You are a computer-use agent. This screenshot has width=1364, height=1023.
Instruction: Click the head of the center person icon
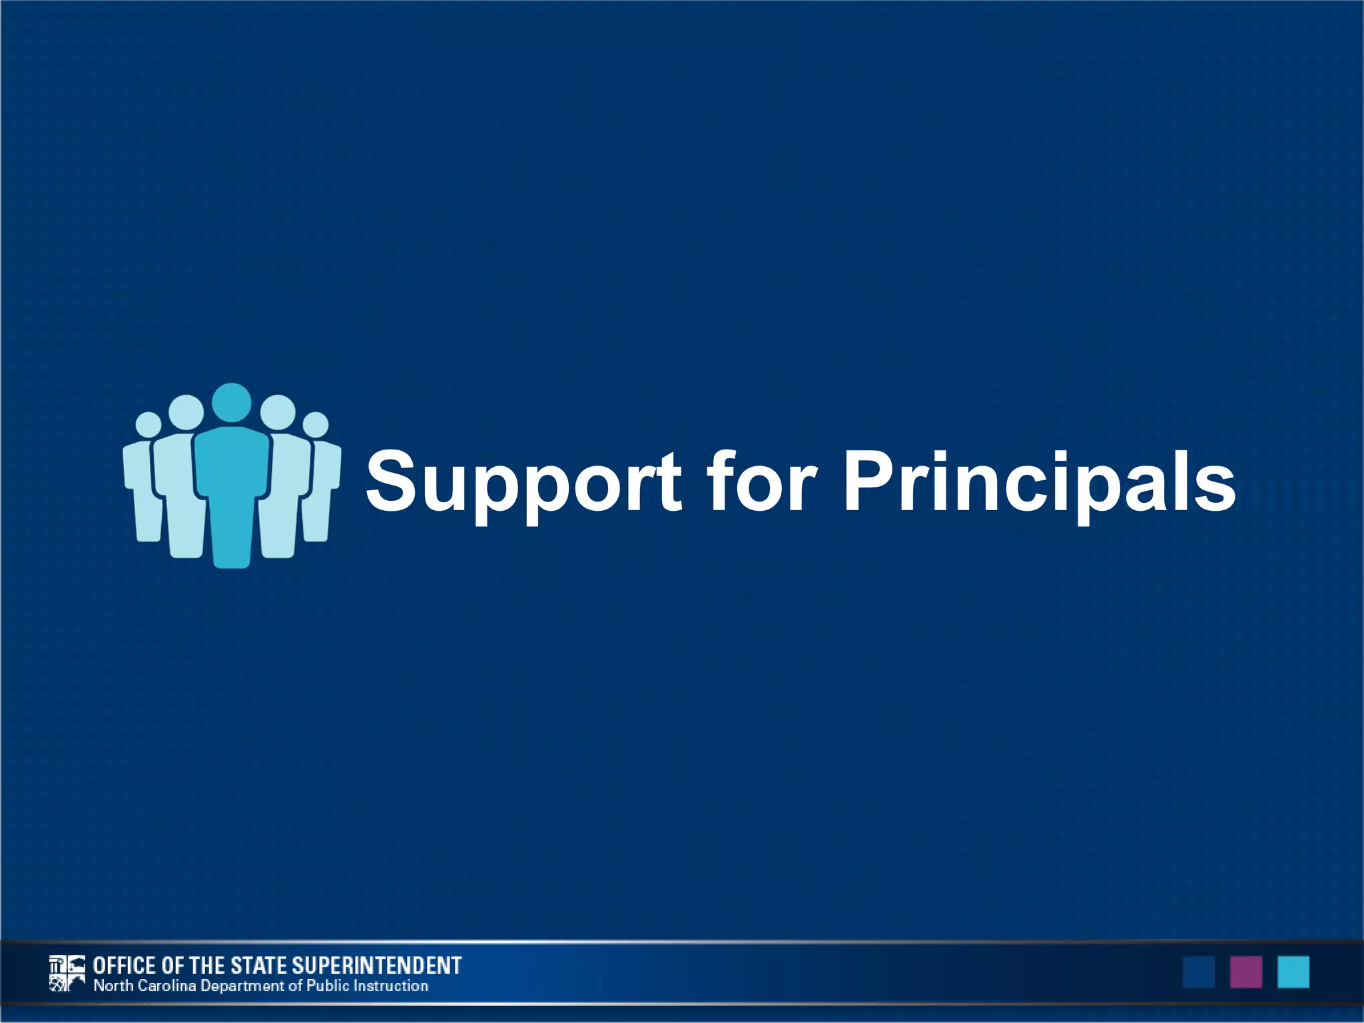pyautogui.click(x=231, y=403)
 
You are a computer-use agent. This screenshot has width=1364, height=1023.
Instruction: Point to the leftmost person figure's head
pyautogui.click(x=149, y=424)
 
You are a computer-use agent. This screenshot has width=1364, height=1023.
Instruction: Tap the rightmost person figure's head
pyautogui.click(x=316, y=425)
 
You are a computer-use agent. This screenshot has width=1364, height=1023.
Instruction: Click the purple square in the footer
pyautogui.click(x=1245, y=972)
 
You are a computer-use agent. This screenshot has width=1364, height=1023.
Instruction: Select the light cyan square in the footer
pyautogui.click(x=1293, y=972)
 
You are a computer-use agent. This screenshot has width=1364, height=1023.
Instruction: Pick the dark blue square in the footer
pyautogui.click(x=1198, y=972)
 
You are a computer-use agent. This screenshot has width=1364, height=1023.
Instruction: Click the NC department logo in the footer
pyautogui.click(x=67, y=973)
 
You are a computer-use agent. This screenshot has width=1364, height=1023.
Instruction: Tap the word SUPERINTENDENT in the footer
pyautogui.click(x=376, y=965)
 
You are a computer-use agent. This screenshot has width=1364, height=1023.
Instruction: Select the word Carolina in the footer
pyautogui.click(x=167, y=986)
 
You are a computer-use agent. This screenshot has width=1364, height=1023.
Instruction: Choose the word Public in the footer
pyautogui.click(x=328, y=986)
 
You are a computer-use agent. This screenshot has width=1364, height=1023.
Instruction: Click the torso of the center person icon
pyautogui.click(x=232, y=480)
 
